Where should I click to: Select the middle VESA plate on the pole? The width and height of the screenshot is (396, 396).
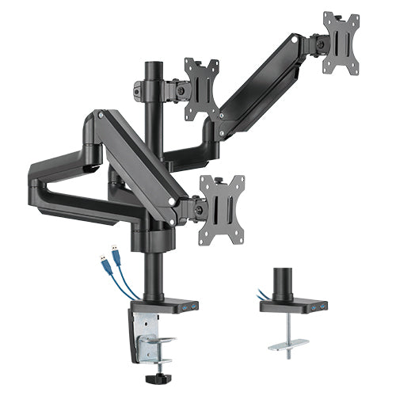pos(202,89)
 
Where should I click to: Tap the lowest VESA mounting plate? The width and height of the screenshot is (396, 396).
pos(221,207)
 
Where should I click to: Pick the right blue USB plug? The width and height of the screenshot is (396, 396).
pos(115,252)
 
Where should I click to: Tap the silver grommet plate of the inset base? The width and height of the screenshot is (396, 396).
pos(288,345)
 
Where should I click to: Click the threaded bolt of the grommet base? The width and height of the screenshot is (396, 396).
pos(287,329)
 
